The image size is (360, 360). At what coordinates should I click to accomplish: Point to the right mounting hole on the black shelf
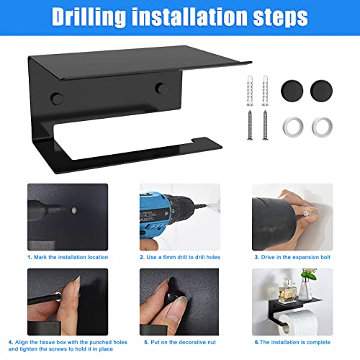157,89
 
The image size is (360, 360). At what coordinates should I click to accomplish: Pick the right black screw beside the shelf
265,124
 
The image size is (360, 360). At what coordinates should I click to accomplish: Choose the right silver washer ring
321,125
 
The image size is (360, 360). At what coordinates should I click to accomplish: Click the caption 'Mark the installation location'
71,256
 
